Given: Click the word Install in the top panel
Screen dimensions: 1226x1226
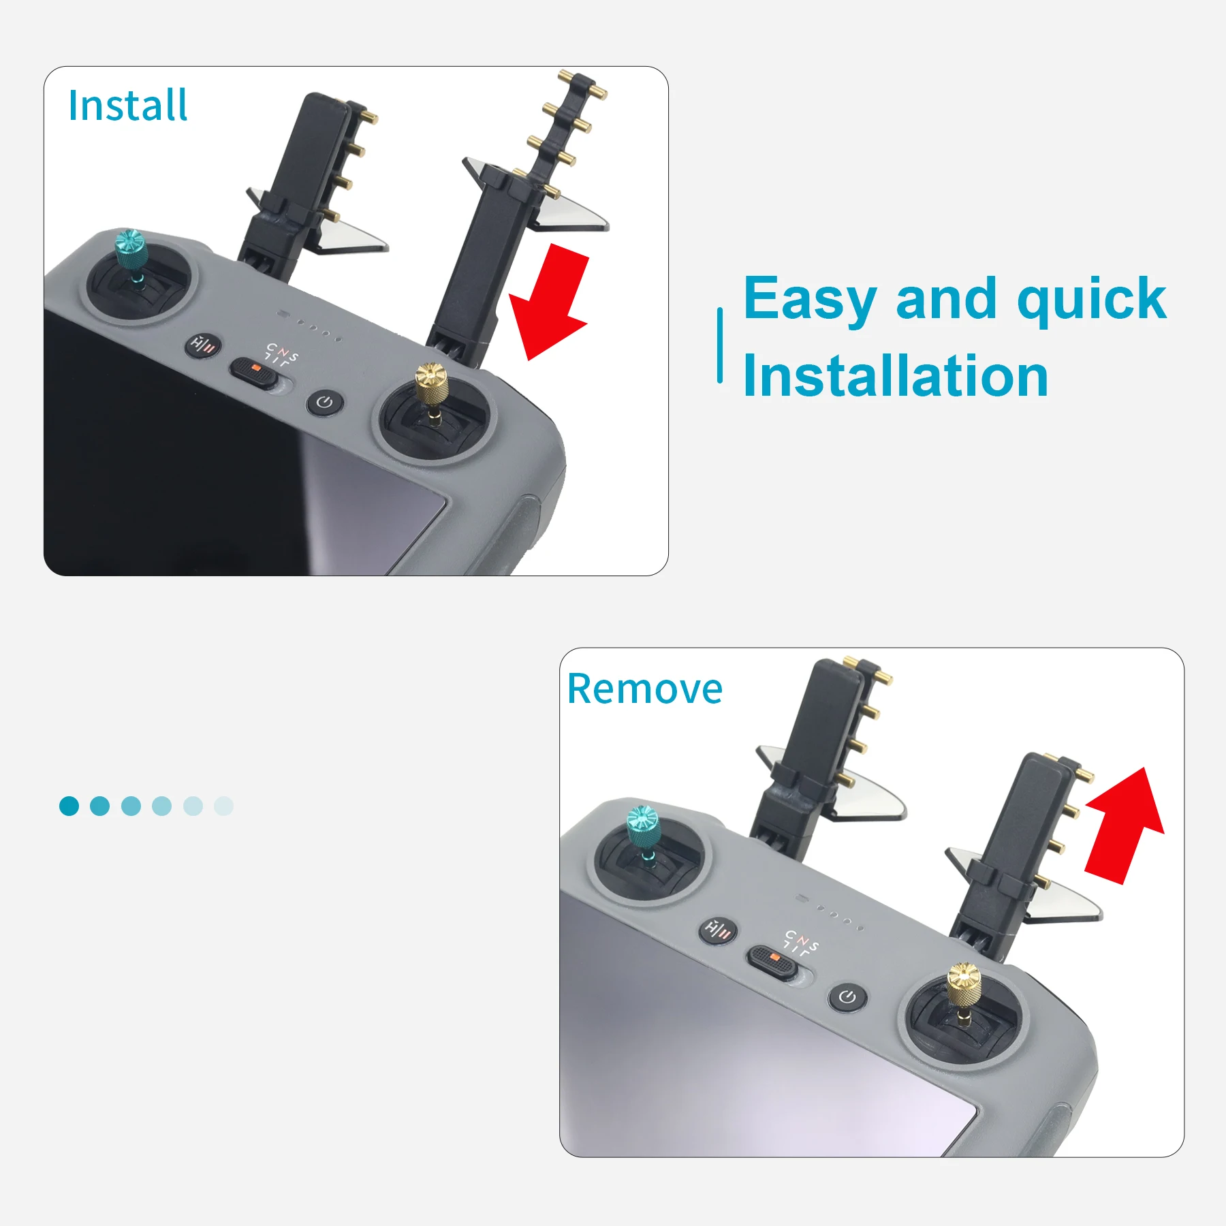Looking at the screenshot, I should [127, 106].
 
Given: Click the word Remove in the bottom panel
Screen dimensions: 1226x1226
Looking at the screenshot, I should [644, 689].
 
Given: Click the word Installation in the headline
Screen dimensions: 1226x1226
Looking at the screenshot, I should [896, 376].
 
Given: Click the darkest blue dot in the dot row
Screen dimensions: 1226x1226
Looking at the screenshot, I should [69, 806].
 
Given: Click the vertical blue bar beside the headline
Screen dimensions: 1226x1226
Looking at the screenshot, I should [720, 345].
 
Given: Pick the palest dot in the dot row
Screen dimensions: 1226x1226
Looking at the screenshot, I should [223, 806].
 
